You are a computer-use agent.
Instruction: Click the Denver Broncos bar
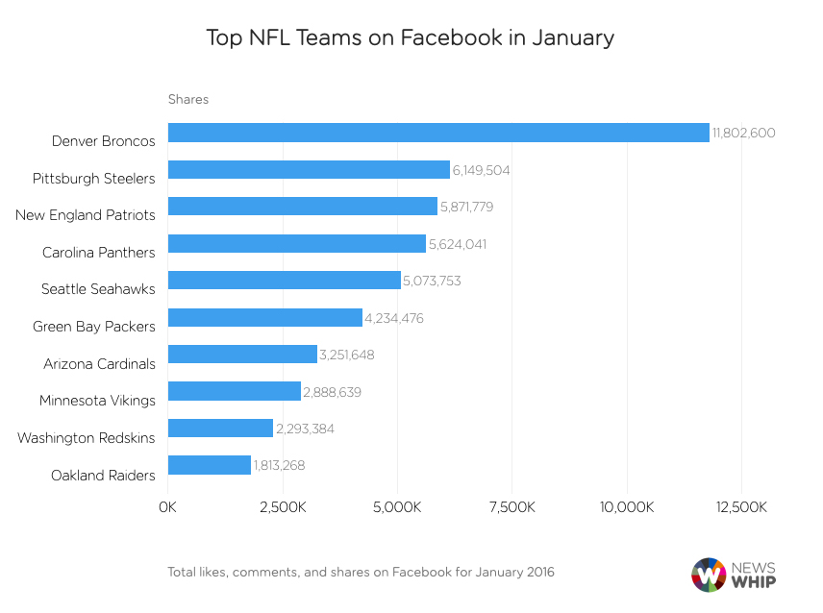(438, 133)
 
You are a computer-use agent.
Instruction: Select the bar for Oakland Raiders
(210, 465)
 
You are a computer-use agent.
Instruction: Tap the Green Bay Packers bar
(265, 318)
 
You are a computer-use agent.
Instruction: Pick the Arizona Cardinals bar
(242, 355)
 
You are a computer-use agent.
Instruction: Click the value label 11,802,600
(744, 134)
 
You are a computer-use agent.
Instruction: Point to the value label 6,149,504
(481, 170)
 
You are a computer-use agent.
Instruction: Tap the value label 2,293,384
(305, 429)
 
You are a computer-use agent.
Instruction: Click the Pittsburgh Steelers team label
(93, 178)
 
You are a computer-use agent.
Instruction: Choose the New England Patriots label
(85, 215)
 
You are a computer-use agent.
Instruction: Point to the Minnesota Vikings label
(97, 400)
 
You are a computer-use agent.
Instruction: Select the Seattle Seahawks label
(98, 289)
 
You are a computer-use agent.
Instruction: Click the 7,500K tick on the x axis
(511, 506)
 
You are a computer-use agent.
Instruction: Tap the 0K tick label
(168, 506)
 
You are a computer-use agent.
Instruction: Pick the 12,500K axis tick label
(740, 506)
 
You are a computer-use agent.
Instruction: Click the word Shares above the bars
(188, 99)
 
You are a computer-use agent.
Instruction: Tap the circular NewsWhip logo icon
(710, 575)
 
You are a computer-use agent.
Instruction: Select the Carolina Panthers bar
(297, 244)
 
